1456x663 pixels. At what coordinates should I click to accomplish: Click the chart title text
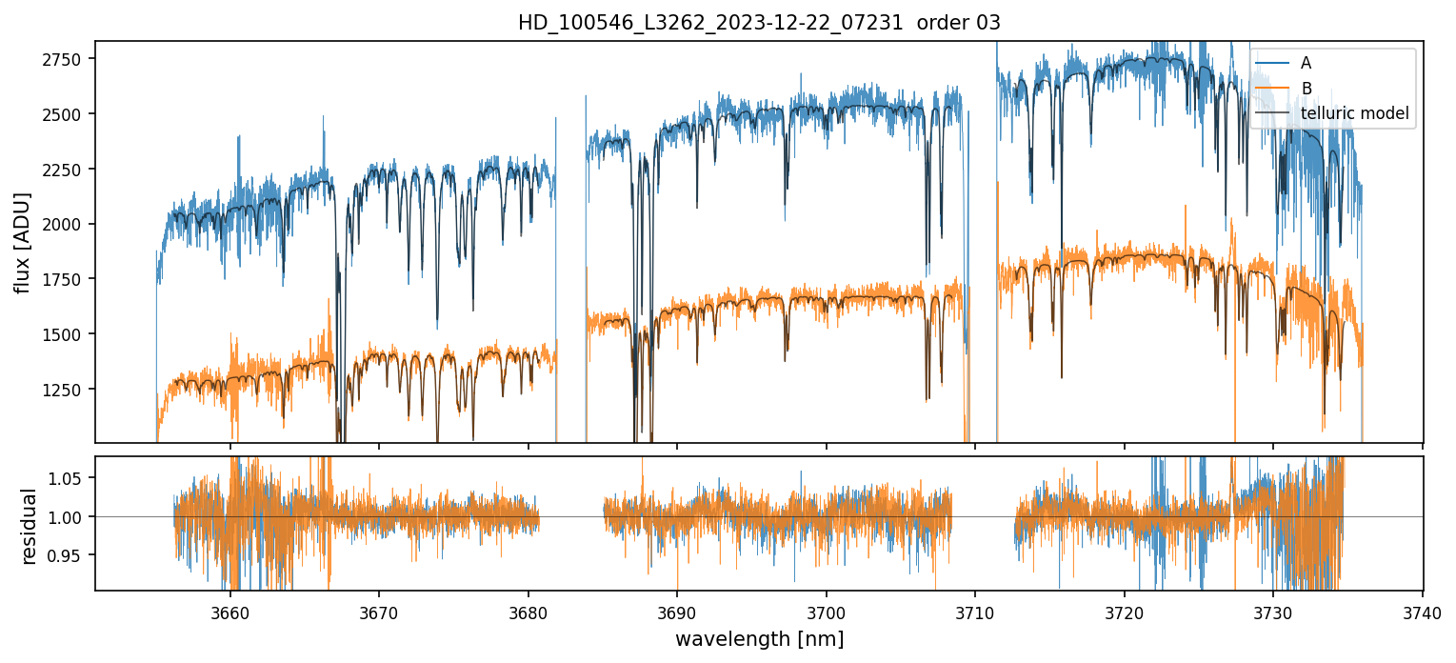[x=759, y=23]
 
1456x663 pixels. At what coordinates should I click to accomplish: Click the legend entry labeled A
[x=1306, y=63]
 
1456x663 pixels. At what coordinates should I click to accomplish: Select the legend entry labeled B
[x=1306, y=89]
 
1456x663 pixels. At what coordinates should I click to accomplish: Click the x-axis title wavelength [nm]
[x=759, y=638]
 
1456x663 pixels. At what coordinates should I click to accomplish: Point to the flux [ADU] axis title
[x=23, y=242]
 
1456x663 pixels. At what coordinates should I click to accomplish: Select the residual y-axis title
[x=29, y=526]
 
